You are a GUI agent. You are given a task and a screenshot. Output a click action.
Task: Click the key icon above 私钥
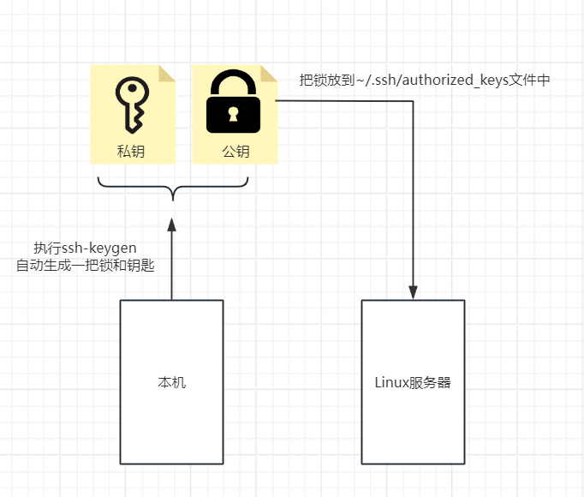tap(132, 105)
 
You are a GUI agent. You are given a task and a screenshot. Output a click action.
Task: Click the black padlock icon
tap(233, 101)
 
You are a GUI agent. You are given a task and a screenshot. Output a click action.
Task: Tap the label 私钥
tap(131, 152)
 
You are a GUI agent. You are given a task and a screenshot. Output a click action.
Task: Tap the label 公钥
tap(235, 152)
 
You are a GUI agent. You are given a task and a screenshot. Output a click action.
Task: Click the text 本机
tap(172, 382)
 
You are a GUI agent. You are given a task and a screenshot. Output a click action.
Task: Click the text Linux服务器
tap(413, 382)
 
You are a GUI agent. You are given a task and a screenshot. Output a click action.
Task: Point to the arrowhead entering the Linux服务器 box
tap(413, 293)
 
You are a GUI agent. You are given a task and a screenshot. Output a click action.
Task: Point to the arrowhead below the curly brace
tap(172, 225)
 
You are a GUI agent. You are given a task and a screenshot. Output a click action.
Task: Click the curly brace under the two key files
tap(173, 187)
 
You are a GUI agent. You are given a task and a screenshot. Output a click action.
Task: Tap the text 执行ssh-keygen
tap(85, 248)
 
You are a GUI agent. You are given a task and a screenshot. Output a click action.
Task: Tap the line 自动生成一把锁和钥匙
tap(86, 266)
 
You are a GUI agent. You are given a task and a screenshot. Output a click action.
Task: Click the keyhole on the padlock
tap(233, 114)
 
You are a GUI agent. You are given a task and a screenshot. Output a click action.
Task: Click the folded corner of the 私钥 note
tap(166, 74)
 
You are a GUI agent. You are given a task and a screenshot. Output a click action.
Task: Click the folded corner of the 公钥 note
tap(269, 74)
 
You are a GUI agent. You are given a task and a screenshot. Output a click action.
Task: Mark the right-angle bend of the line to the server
tap(413, 101)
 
